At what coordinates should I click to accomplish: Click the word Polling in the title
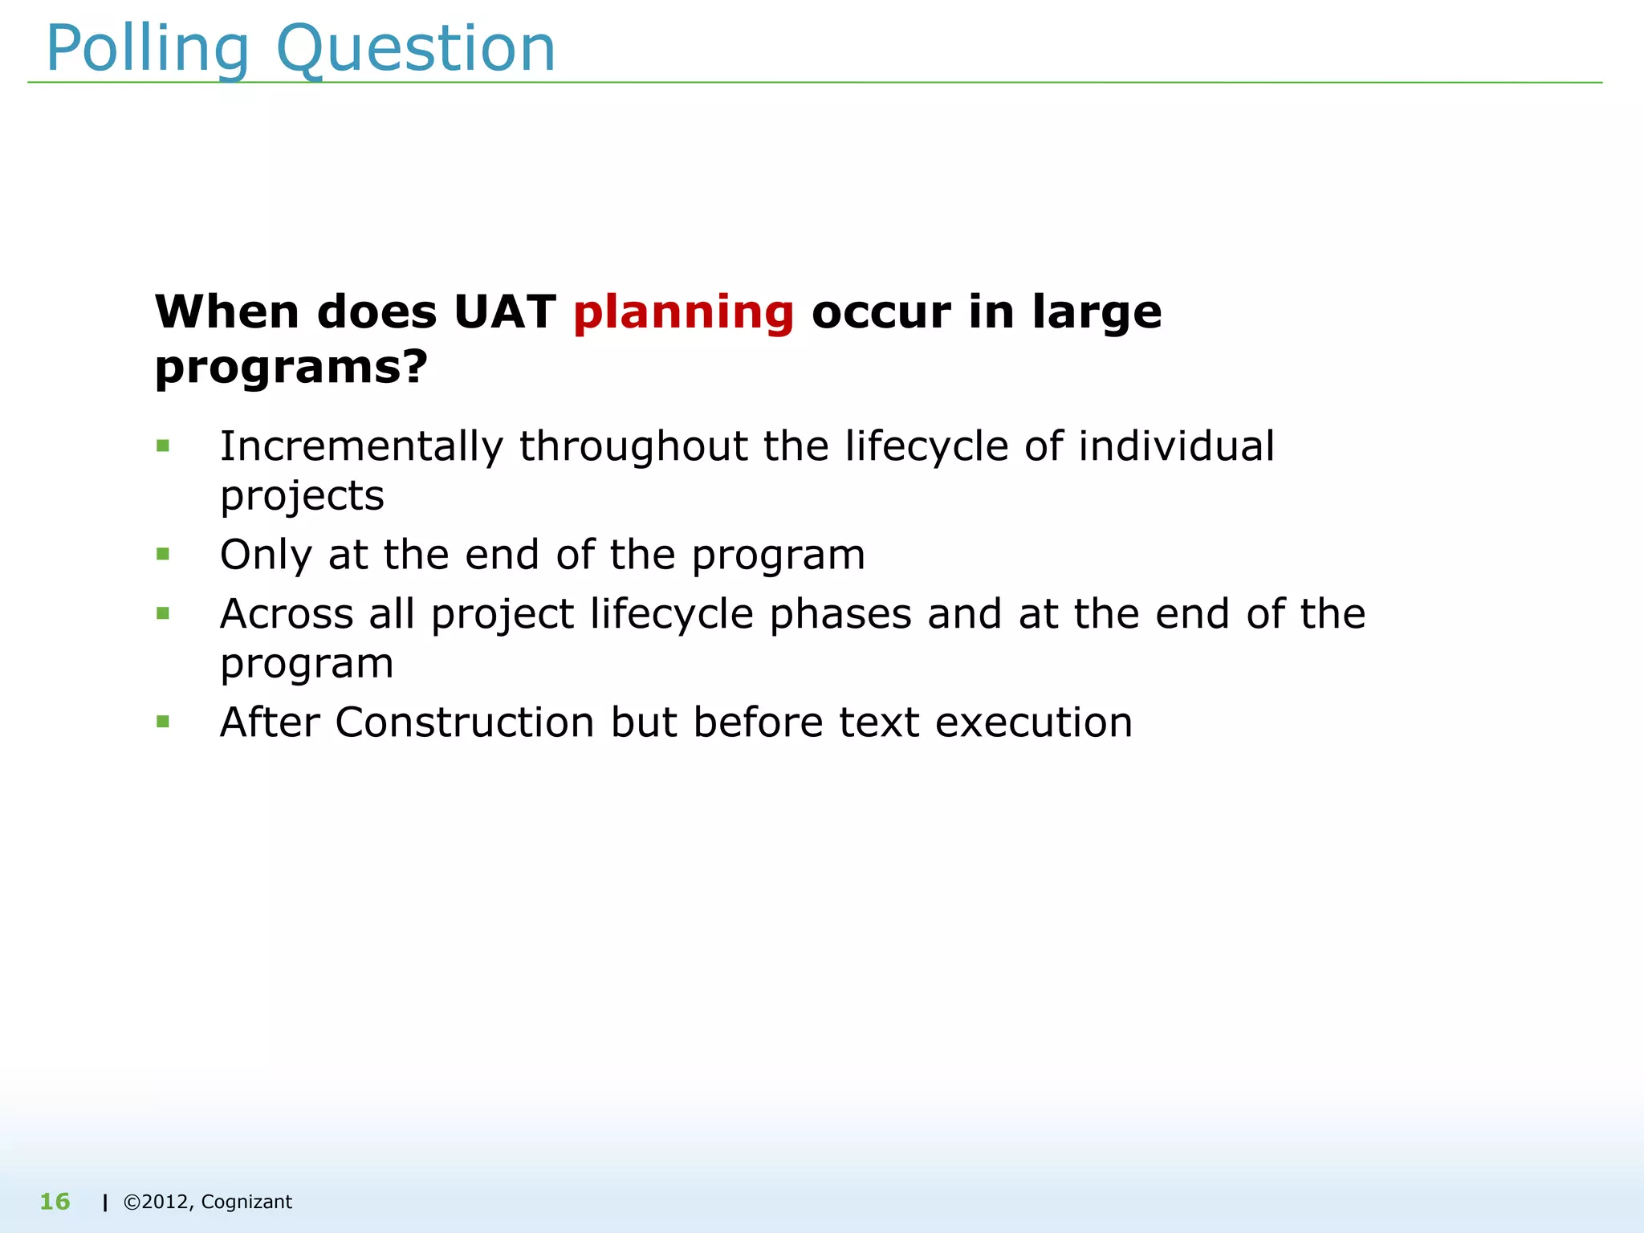click(148, 50)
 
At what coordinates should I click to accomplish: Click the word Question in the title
click(415, 50)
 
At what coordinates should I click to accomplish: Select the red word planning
click(683, 313)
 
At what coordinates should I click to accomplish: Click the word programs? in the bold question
click(291, 368)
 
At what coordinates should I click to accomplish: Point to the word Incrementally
click(361, 447)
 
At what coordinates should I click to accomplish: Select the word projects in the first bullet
click(302, 496)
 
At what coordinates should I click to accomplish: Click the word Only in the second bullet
click(265, 555)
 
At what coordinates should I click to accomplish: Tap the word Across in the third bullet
click(287, 614)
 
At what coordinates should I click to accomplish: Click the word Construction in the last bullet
click(464, 722)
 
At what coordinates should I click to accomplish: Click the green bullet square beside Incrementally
click(163, 446)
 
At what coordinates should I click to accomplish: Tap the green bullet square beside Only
click(163, 554)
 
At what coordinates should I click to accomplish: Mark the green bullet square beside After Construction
click(163, 722)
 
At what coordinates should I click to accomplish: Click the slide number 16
click(55, 1202)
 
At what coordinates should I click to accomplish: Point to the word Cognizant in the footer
click(246, 1202)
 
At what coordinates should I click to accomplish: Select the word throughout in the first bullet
click(633, 447)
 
